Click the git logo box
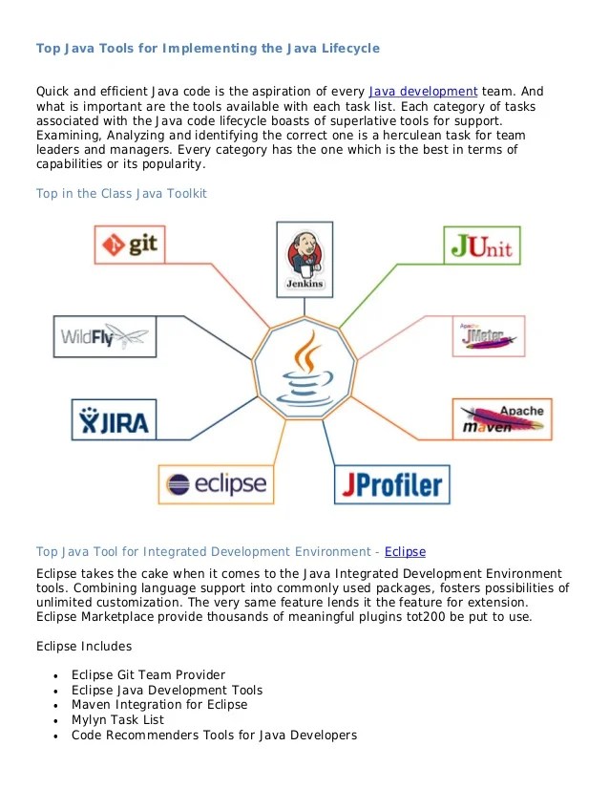tap(132, 244)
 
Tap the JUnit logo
tap(482, 245)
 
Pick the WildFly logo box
tap(105, 335)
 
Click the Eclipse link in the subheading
tap(405, 552)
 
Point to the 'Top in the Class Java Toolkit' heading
tap(121, 194)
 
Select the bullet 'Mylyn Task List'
tap(117, 719)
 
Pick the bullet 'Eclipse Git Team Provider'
tap(148, 674)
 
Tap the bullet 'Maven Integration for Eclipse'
tap(159, 705)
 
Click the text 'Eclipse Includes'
tap(83, 646)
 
